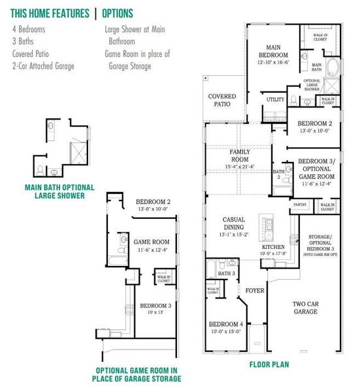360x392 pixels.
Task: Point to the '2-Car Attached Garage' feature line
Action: (x=43, y=66)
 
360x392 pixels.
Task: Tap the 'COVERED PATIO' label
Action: (x=222, y=100)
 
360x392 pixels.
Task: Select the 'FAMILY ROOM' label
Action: (x=240, y=155)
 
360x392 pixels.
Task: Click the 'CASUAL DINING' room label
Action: (x=233, y=224)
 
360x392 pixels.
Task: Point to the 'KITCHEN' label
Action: (x=273, y=248)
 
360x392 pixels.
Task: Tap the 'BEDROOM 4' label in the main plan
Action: (x=225, y=327)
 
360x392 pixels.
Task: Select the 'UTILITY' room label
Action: (x=274, y=100)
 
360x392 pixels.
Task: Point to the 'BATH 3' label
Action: (x=226, y=272)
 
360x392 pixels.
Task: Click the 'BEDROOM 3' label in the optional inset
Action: (x=155, y=305)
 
